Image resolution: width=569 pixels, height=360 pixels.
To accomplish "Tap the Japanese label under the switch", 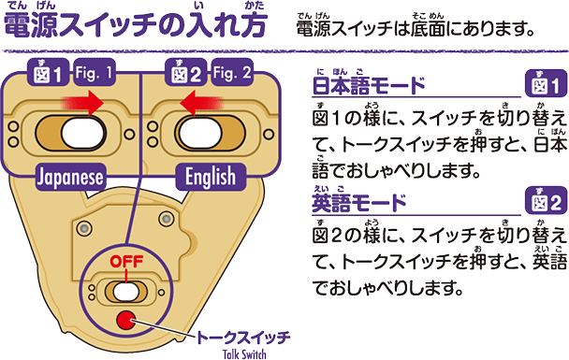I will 70,174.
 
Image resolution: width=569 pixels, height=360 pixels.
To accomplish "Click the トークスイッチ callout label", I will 245,336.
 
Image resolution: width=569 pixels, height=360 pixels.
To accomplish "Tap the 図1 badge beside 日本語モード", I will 545,88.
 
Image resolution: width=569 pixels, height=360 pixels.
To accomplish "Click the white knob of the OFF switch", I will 127,292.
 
